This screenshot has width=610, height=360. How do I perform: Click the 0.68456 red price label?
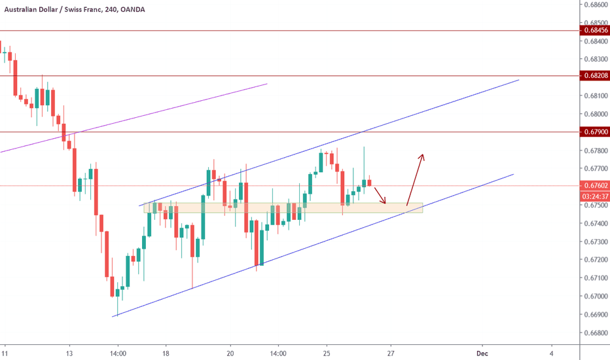click(594, 31)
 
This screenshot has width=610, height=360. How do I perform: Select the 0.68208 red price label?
click(594, 76)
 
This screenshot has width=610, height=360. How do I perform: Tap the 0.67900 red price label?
click(594, 132)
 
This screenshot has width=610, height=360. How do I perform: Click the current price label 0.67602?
click(594, 186)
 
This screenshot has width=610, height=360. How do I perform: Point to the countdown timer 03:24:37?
click(594, 196)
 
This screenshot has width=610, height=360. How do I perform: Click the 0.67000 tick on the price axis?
click(594, 297)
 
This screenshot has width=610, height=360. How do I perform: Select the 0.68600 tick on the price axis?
click(594, 4)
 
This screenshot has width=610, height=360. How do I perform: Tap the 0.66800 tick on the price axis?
click(594, 333)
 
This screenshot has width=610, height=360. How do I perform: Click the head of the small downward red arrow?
click(386, 202)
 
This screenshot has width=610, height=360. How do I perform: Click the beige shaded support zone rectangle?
click(283, 208)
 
